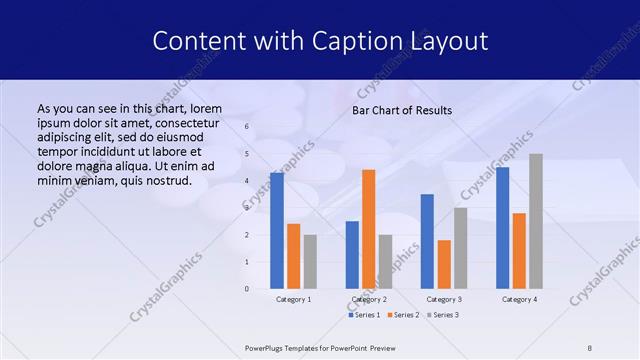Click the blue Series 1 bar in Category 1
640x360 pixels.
(x=277, y=231)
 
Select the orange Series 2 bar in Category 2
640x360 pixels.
(x=369, y=229)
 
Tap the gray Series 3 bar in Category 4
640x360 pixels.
(x=536, y=221)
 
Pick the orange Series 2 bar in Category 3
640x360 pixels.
(x=444, y=264)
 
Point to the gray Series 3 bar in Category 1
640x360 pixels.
(x=310, y=262)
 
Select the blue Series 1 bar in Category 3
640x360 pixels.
(x=427, y=241)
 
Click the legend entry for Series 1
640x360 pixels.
(x=364, y=315)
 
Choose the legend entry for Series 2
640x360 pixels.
(x=402, y=315)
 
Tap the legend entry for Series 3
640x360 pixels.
(x=441, y=315)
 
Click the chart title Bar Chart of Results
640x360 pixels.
(x=402, y=110)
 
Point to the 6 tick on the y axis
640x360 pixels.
(x=247, y=127)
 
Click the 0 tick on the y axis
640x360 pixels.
(x=247, y=289)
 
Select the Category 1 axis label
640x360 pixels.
(x=294, y=299)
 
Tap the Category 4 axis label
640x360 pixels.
(x=519, y=299)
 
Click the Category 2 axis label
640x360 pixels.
(x=369, y=299)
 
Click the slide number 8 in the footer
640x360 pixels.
(x=590, y=347)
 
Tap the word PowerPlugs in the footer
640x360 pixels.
(x=268, y=347)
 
